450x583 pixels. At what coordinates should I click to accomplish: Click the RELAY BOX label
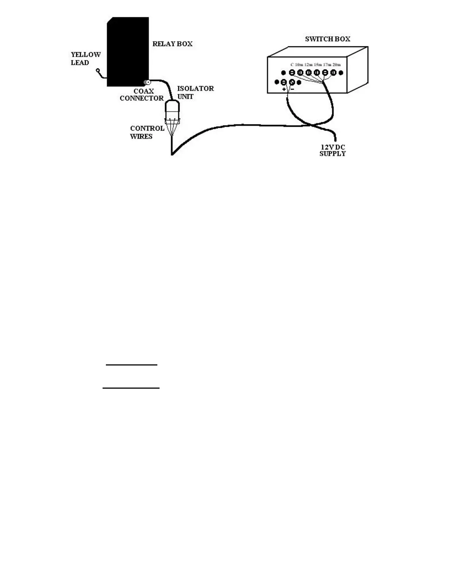(x=172, y=44)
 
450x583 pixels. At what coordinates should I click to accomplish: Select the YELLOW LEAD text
(x=85, y=59)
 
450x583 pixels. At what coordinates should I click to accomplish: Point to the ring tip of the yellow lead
(x=98, y=70)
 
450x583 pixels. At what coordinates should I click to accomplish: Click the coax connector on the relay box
(x=147, y=82)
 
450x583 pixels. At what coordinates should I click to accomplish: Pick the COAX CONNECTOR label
(x=142, y=95)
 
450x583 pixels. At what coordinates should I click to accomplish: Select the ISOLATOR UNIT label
(x=195, y=92)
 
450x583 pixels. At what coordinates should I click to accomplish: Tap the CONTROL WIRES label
(x=147, y=132)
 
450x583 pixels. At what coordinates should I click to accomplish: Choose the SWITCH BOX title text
(x=328, y=39)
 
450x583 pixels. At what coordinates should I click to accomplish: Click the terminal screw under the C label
(x=292, y=73)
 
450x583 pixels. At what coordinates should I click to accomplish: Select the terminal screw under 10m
(x=300, y=73)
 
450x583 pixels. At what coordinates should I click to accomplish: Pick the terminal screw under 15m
(x=317, y=73)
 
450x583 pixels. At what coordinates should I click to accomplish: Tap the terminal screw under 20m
(x=333, y=73)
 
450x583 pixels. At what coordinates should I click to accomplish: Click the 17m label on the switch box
(x=327, y=65)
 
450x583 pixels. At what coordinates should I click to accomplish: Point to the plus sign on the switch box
(x=284, y=89)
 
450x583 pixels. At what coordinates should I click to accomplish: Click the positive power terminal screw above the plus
(x=284, y=82)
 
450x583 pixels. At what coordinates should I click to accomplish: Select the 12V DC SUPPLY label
(x=332, y=150)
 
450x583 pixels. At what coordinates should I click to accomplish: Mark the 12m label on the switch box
(x=308, y=65)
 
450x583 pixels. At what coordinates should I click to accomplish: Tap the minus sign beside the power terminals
(x=292, y=89)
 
